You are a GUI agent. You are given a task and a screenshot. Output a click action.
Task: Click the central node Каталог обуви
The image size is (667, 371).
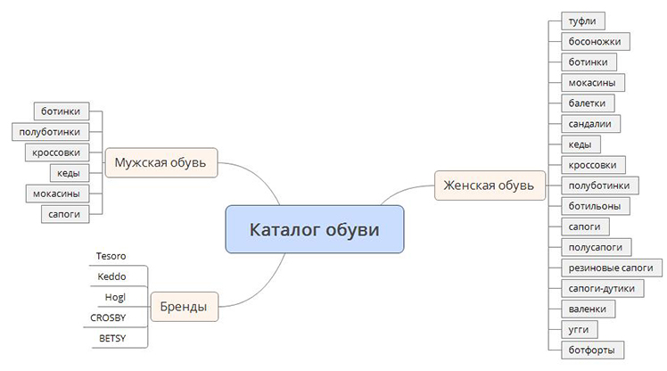tap(315, 229)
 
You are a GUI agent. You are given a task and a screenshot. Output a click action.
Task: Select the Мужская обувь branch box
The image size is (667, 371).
tap(161, 162)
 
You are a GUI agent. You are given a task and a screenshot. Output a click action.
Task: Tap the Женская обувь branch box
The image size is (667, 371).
tap(490, 185)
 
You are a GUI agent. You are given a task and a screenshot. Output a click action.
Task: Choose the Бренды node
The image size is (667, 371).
tap(185, 306)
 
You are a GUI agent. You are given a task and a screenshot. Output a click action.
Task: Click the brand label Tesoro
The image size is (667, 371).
tap(111, 256)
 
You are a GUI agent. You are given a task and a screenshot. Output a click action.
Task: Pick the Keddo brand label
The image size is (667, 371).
tap(111, 276)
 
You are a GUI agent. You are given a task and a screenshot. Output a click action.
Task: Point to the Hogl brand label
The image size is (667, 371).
tap(115, 297)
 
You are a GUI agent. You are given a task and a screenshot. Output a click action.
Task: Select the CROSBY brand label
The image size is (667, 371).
tap(108, 317)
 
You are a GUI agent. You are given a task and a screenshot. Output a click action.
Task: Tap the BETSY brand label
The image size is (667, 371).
tap(112, 338)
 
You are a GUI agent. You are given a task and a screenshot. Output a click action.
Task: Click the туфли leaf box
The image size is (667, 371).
tap(583, 21)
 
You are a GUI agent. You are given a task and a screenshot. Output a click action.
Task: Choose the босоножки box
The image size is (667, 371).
tap(595, 42)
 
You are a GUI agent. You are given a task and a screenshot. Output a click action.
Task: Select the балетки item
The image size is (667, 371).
tap(588, 103)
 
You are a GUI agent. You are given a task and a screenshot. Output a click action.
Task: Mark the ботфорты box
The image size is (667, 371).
tap(592, 350)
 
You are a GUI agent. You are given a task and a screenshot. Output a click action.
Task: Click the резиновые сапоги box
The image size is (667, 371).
tap(612, 268)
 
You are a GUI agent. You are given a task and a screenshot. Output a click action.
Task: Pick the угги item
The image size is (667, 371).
tap(579, 330)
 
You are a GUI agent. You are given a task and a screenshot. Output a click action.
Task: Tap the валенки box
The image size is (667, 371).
tap(588, 309)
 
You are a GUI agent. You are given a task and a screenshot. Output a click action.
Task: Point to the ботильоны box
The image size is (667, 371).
tap(595, 206)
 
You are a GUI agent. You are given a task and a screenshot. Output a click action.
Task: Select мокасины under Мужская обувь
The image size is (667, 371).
tap(57, 194)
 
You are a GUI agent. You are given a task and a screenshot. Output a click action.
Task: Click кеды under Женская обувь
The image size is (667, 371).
tap(581, 144)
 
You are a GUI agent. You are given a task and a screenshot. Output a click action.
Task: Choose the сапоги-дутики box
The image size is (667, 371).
tap(602, 288)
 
